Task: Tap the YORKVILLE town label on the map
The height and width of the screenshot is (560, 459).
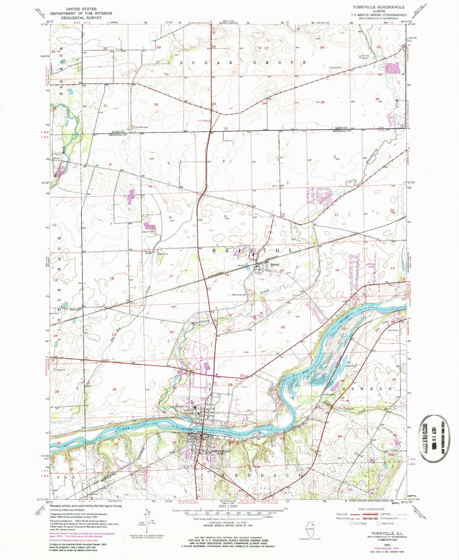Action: tap(220, 451)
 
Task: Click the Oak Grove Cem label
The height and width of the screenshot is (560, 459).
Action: tap(239, 295)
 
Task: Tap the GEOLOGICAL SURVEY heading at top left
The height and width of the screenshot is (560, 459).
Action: tap(81, 18)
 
